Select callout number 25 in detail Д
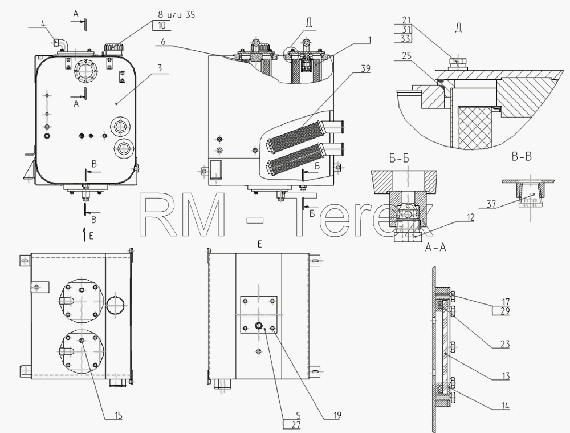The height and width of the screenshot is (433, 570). tap(407, 55)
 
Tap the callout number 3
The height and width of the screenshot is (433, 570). tap(160, 68)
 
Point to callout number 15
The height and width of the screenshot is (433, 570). tap(118, 415)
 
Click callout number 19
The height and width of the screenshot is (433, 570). tap(337, 415)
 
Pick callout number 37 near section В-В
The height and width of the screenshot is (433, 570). tap(491, 204)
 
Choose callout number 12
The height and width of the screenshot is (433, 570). tap(470, 217)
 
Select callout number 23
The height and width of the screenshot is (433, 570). tap(505, 344)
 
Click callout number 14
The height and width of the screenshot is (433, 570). tap(505, 406)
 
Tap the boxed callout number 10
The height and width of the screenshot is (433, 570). tap(162, 25)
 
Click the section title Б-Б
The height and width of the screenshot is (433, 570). tap(399, 159)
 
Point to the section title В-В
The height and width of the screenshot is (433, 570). tap(522, 157)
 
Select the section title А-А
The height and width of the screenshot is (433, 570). tap(435, 248)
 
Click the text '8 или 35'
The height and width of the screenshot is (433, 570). tap(176, 15)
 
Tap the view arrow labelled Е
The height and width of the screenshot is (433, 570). tap(84, 233)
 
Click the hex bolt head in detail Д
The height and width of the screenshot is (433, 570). tap(457, 63)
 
